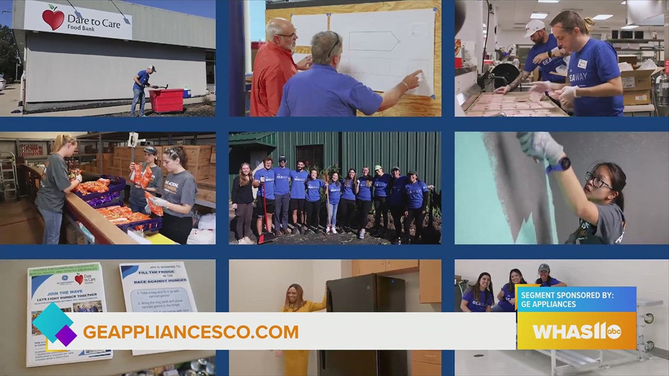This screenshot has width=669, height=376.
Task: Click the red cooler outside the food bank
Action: [x=166, y=100]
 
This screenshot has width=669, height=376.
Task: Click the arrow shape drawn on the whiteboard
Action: [x=373, y=40]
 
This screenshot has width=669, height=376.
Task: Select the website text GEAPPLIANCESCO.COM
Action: [x=191, y=332]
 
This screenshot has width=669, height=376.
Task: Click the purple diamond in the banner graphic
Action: [x=66, y=336]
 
